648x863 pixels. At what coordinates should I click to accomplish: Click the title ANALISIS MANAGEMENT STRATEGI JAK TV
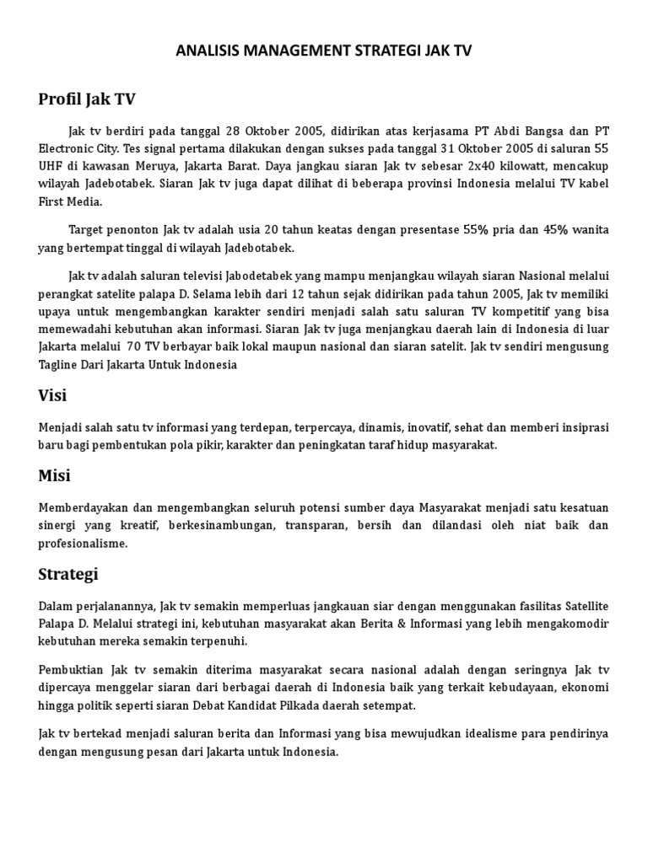[x=324, y=51]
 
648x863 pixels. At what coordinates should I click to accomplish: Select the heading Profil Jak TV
[x=86, y=99]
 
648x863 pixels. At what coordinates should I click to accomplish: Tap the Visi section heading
[x=52, y=395]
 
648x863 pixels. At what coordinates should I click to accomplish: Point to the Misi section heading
[x=55, y=475]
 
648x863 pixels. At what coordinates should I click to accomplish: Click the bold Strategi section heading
[x=68, y=574]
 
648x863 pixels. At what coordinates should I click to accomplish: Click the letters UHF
[x=51, y=165]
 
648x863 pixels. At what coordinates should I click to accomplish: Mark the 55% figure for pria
[x=477, y=229]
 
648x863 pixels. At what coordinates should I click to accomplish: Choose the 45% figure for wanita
[x=557, y=229]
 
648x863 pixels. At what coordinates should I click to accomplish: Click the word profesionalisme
[x=83, y=543]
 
